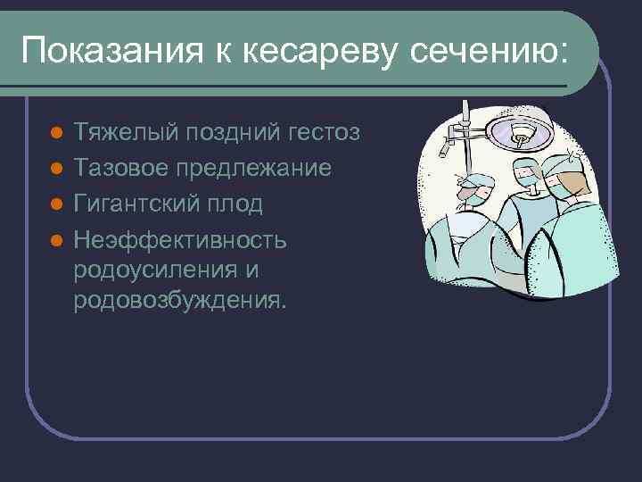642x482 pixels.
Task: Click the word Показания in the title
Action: click(x=105, y=51)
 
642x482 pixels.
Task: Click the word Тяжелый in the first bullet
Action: click(x=125, y=133)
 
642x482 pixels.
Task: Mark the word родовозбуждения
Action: click(x=181, y=300)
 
